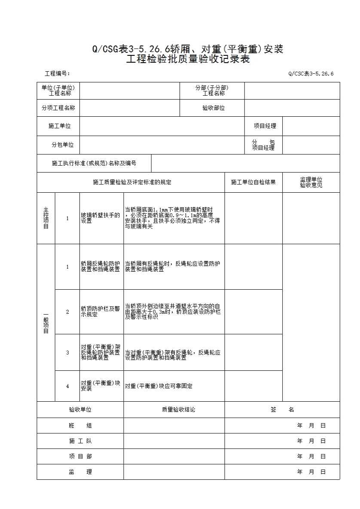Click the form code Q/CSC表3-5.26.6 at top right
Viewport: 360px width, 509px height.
tap(311, 74)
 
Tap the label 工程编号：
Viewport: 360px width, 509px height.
tap(58, 74)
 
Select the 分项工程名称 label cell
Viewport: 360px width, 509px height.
tap(58, 108)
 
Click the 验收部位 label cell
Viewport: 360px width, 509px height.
tap(214, 108)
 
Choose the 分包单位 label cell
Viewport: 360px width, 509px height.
tap(62, 145)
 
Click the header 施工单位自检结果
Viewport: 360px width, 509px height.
tap(253, 182)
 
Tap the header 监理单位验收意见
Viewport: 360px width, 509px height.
tap(311, 182)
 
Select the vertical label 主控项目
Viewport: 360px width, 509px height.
tap(46, 218)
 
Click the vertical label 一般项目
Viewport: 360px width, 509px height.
tap(46, 323)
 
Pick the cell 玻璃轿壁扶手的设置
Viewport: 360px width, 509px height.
tap(101, 218)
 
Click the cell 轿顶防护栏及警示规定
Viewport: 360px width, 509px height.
tap(101, 312)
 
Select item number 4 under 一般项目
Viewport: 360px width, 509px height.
tap(67, 386)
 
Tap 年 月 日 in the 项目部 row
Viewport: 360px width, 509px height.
tap(311, 457)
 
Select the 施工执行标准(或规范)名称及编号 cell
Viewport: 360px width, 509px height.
tap(94, 164)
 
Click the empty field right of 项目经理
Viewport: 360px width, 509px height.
tap(311, 126)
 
